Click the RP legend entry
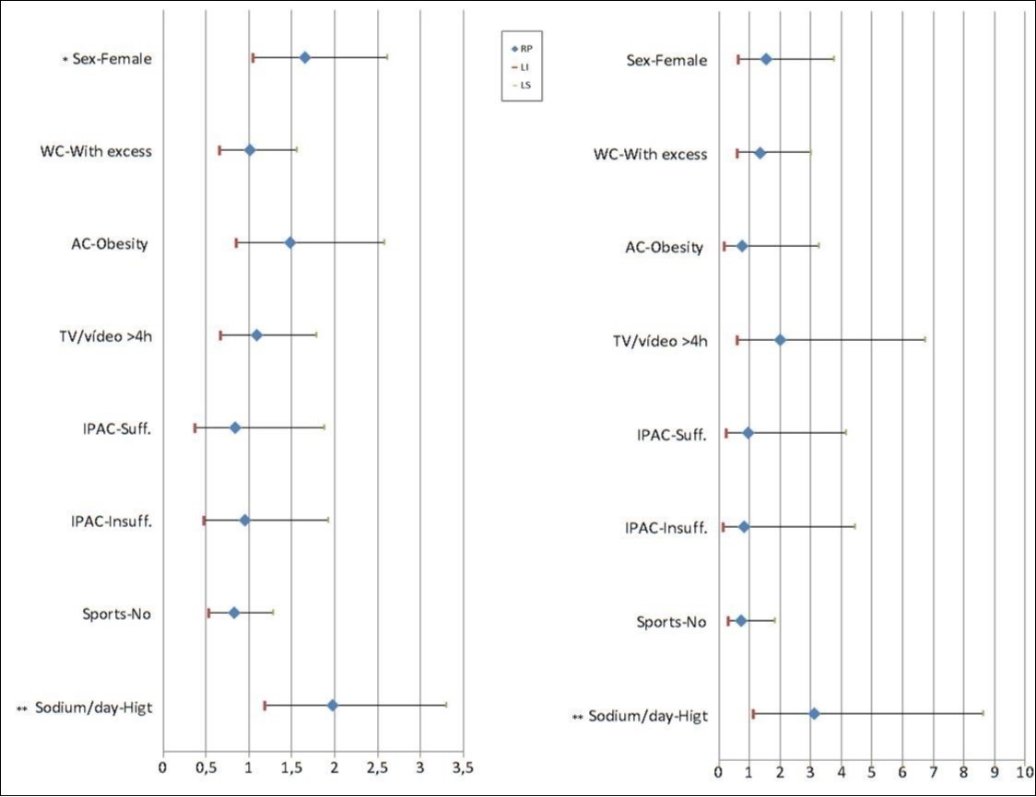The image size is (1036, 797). point(522,48)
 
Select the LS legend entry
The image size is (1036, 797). point(522,85)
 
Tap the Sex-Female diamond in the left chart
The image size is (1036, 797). point(305,58)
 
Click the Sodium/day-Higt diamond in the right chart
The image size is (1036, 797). point(814,713)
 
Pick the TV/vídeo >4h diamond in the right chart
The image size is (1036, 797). point(780,340)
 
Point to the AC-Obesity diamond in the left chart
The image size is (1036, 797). point(290,242)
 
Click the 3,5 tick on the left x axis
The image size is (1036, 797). point(463,767)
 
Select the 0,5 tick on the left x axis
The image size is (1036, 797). point(206,767)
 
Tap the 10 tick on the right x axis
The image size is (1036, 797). point(1023,770)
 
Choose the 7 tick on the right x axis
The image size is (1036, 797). point(933,770)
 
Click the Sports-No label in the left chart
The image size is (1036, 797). point(117,614)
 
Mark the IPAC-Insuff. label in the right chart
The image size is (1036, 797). point(665,528)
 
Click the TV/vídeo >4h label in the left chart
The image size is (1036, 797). point(112,335)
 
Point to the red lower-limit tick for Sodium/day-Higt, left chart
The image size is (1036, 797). point(265,706)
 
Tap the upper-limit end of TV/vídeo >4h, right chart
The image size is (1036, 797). point(924,340)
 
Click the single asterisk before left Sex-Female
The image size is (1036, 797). point(65,61)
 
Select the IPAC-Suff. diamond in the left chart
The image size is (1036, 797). point(235,428)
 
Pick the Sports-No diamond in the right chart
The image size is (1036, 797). point(740,621)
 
